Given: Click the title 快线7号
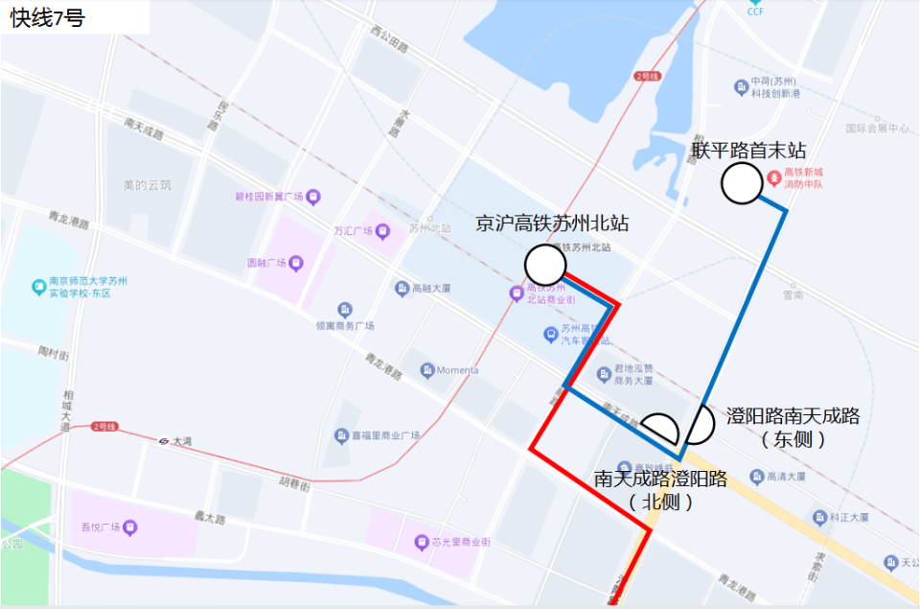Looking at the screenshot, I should (x=48, y=18).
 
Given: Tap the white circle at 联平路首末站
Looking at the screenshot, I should (x=742, y=184).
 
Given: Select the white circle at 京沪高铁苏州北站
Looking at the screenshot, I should (x=544, y=264).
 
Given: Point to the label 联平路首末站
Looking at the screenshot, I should (x=748, y=151).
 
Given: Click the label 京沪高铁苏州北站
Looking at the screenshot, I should (x=552, y=223).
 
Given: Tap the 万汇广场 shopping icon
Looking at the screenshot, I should (x=383, y=230).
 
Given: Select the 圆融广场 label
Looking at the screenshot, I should (x=267, y=262).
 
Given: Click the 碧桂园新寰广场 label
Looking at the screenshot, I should (x=269, y=197).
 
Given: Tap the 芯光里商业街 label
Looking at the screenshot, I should (x=460, y=542).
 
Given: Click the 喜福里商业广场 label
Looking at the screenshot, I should (x=384, y=435).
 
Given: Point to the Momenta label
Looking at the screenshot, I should (x=457, y=370).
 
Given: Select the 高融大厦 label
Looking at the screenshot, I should (x=425, y=288).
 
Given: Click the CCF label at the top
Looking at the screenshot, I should (x=756, y=12).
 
